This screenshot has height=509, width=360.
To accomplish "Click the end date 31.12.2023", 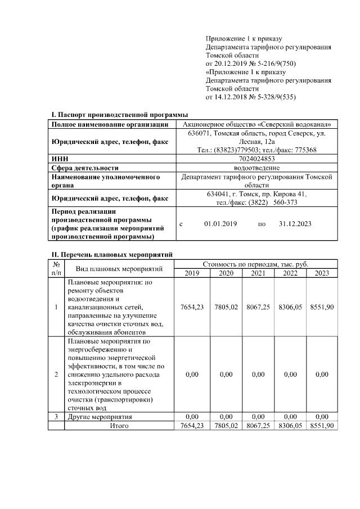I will pos(295,224).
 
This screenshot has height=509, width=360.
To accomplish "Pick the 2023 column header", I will pos(322,273).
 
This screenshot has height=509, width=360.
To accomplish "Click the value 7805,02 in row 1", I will pos(226,308).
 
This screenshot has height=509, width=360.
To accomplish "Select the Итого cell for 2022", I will pos(290,426).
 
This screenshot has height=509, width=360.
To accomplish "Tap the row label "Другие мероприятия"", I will pos(100,417).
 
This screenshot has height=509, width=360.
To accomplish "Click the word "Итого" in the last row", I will pos(119,426).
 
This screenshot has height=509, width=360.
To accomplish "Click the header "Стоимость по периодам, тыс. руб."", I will pos(255,264).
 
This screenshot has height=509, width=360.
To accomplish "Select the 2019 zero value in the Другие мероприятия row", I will pos(192,417).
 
